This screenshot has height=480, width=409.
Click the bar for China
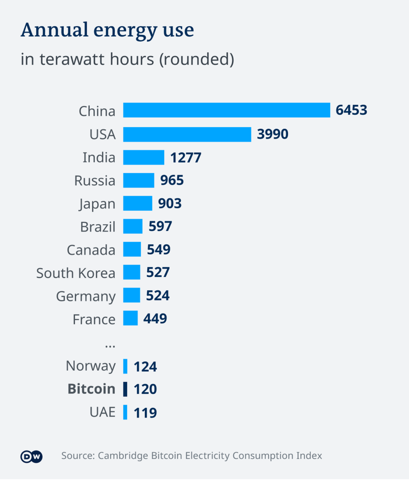pyautogui.click(x=227, y=111)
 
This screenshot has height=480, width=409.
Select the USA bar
pyautogui.click(x=187, y=134)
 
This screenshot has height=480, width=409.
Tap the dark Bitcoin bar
pyautogui.click(x=125, y=389)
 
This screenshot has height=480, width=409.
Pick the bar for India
pyautogui.click(x=144, y=157)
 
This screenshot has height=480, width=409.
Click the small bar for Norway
pyautogui.click(x=125, y=366)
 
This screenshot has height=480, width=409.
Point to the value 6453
pyautogui.click(x=351, y=111)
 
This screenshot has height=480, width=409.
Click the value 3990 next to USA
pyautogui.click(x=273, y=134)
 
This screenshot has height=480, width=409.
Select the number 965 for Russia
pyautogui.click(x=172, y=180)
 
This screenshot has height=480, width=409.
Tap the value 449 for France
pyautogui.click(x=155, y=319)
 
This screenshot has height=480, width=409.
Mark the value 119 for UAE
pyautogui.click(x=145, y=412)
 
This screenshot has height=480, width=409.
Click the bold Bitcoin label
pyautogui.click(x=91, y=389)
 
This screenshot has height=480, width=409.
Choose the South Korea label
pyautogui.click(x=76, y=273)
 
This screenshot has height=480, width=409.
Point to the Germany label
pyautogui.click(x=85, y=296)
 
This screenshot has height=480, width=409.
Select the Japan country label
pyautogui.click(x=97, y=204)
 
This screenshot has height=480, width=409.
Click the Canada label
pyautogui.click(x=91, y=250)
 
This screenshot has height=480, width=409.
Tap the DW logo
pyautogui.click(x=31, y=456)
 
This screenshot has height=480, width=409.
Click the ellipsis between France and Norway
pyautogui.click(x=110, y=345)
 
